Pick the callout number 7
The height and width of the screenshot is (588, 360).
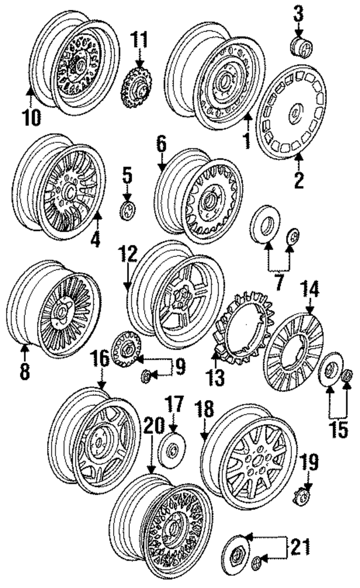click(278, 281)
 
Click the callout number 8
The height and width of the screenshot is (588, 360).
click(24, 372)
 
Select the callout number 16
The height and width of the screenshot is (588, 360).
click(101, 358)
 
